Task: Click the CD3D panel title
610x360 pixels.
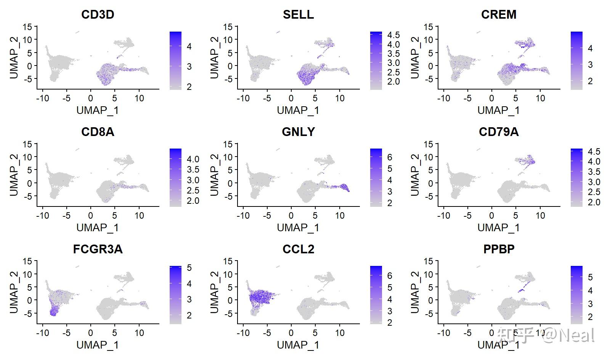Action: (98, 14)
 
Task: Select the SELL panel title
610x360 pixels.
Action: (298, 14)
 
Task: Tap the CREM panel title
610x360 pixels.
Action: (499, 14)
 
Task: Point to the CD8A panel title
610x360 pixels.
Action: (98, 132)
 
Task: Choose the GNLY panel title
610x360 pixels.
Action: (298, 132)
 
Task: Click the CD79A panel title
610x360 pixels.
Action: (499, 132)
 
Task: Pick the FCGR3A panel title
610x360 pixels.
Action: (98, 249)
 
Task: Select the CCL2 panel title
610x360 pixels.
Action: (298, 249)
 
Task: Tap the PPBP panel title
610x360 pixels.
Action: (499, 249)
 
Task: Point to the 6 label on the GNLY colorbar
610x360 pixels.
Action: (390, 157)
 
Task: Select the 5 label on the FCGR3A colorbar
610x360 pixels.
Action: (189, 268)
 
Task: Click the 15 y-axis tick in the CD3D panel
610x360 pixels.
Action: (27, 27)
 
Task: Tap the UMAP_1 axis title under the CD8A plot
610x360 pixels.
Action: (98, 228)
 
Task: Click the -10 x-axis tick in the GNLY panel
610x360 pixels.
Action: (243, 216)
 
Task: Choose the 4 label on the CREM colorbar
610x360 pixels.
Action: (590, 48)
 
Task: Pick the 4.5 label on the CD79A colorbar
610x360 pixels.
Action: (594, 152)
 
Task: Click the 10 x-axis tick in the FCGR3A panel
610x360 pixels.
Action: (139, 333)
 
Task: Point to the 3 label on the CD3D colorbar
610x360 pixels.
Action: (189, 67)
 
